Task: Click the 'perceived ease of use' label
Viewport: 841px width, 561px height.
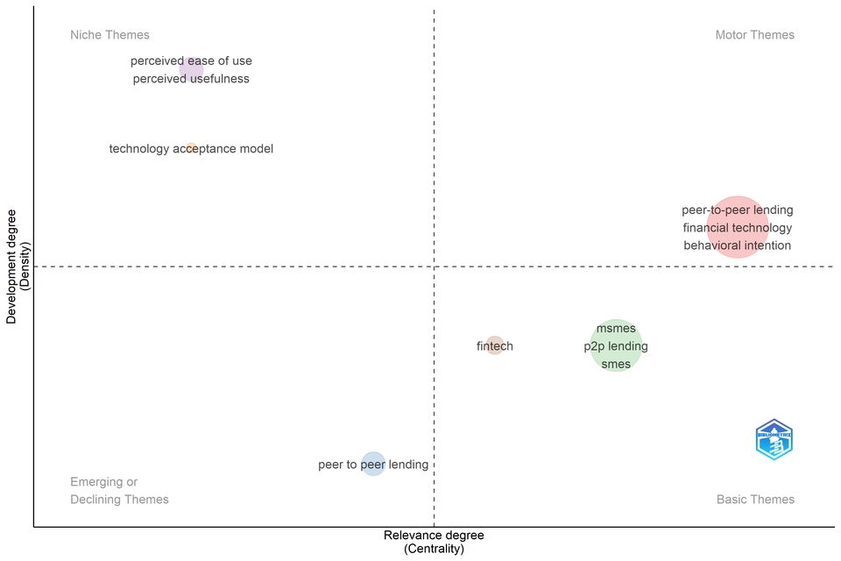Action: point(191,61)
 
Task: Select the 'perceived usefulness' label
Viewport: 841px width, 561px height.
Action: point(191,79)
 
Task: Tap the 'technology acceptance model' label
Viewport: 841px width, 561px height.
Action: point(191,149)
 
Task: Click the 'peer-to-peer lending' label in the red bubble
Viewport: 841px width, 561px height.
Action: point(738,210)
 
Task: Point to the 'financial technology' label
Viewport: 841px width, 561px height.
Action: point(738,228)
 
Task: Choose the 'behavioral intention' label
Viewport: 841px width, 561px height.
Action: point(738,245)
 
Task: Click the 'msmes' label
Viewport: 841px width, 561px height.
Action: point(616,329)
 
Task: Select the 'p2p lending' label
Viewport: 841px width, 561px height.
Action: point(616,346)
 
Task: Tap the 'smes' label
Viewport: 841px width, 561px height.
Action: point(616,364)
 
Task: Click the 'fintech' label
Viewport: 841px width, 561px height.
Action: point(495,346)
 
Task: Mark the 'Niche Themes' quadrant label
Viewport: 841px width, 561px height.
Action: point(110,35)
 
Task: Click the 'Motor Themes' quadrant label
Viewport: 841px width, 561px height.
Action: point(755,35)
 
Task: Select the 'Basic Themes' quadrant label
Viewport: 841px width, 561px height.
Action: point(755,500)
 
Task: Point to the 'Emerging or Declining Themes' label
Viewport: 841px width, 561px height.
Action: point(119,491)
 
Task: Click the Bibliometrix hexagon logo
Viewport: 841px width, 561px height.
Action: point(774,439)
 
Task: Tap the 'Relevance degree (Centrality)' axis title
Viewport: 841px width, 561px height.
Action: point(434,542)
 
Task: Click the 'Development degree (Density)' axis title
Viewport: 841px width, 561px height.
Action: point(18,266)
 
